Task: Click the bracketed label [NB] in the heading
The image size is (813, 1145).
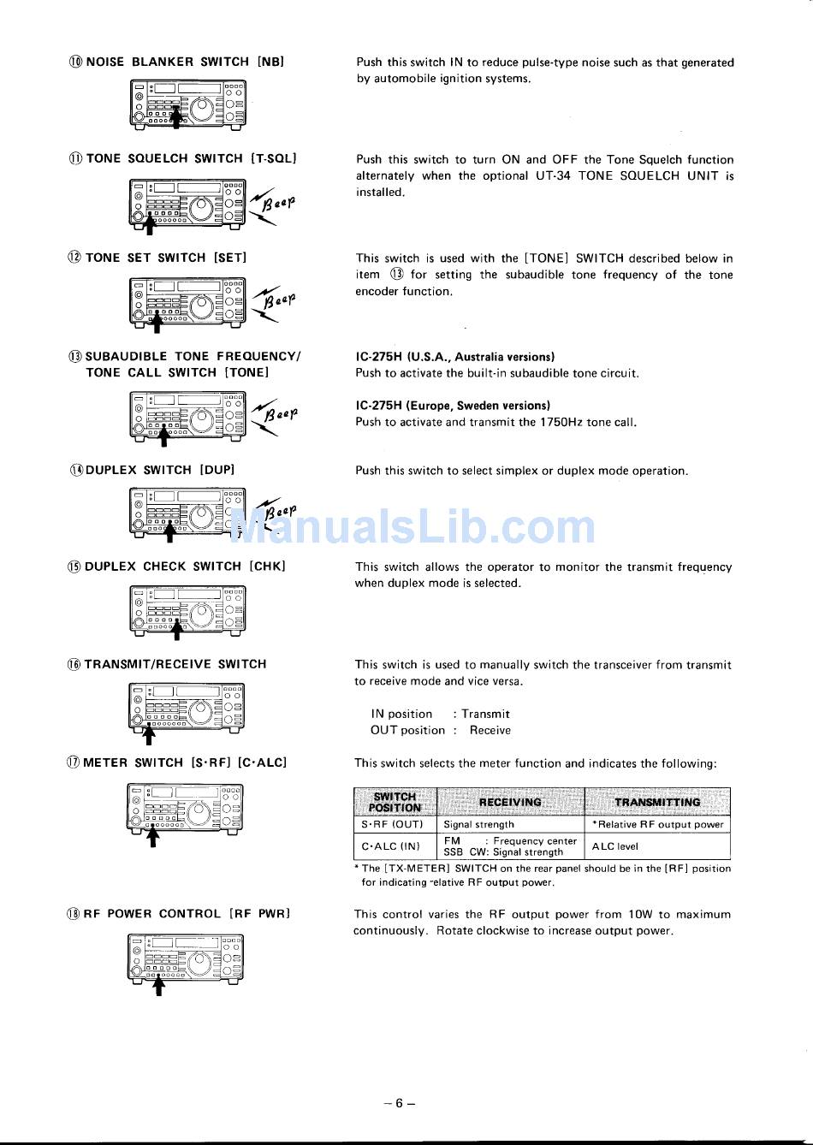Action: (271, 62)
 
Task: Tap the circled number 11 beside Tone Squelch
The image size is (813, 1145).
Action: (75, 158)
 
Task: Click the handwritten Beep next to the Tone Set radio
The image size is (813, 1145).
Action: (279, 300)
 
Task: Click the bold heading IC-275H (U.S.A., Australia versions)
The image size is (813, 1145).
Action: (455, 356)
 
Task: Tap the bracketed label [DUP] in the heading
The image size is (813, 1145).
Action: (217, 469)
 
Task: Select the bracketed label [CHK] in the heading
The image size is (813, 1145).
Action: (267, 566)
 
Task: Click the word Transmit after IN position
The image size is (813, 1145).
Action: (485, 714)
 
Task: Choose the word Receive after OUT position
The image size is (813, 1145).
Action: (490, 730)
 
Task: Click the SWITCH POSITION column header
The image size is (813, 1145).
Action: (395, 802)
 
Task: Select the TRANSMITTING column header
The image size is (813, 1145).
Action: (657, 802)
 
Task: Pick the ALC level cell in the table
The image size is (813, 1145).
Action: (614, 846)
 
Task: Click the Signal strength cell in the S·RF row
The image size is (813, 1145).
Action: (478, 824)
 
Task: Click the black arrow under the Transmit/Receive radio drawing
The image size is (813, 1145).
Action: (148, 735)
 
